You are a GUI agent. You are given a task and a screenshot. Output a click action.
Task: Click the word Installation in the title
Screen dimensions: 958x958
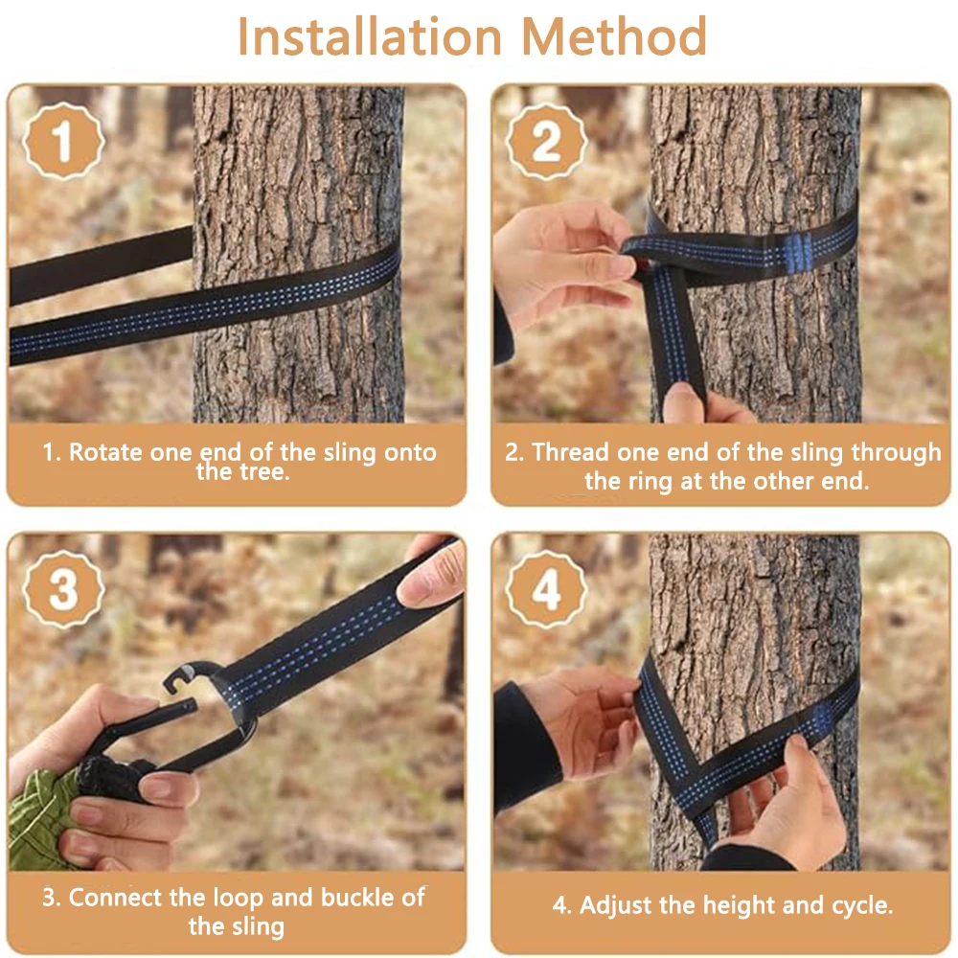coord(370,36)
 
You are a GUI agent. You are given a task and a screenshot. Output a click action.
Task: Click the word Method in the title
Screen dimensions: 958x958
coord(614,36)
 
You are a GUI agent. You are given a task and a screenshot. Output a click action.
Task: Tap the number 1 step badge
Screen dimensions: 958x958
coord(63,142)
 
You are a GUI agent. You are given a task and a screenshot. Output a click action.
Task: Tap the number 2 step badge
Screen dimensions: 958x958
coord(547,142)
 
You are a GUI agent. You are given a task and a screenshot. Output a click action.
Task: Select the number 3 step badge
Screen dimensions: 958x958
coord(63,589)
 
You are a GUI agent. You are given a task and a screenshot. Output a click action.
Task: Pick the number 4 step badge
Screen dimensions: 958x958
coord(547,589)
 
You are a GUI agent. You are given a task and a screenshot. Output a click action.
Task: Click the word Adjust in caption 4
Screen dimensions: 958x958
coord(616,905)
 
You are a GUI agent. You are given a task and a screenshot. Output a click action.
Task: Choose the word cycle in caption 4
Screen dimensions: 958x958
coord(861,905)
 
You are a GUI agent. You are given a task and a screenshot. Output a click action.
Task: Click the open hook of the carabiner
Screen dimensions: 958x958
coord(183,678)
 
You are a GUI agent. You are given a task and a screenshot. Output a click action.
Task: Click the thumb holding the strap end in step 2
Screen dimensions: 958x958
coord(683,402)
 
